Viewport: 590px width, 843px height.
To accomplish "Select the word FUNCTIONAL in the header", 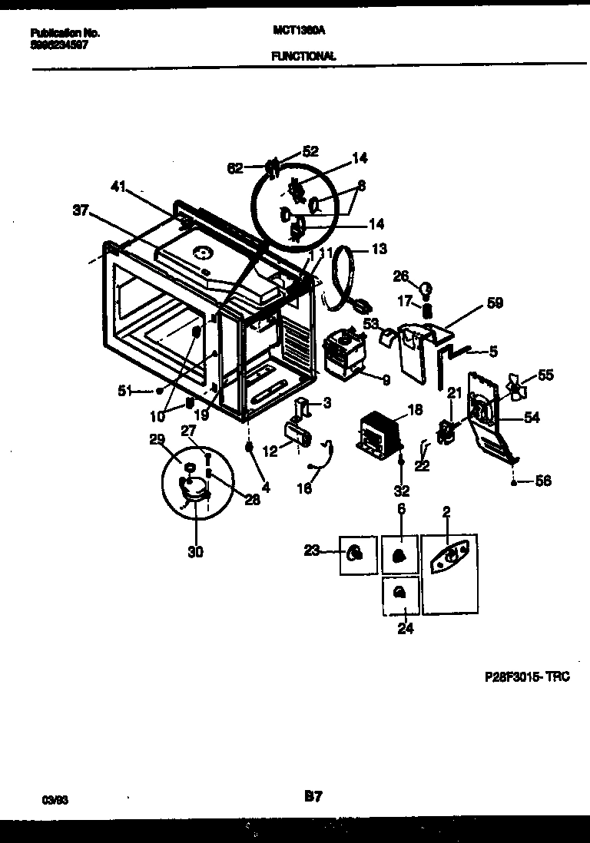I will click(x=303, y=56).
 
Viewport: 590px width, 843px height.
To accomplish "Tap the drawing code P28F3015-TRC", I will click(x=527, y=678).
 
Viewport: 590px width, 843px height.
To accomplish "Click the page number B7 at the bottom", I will click(x=312, y=798).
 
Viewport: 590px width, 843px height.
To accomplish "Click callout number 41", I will click(x=117, y=186).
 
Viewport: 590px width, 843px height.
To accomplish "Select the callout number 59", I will click(x=495, y=303).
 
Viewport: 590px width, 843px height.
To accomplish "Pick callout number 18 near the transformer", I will click(x=415, y=411).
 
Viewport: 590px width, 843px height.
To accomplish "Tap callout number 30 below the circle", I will click(x=195, y=550).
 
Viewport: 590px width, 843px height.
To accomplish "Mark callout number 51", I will click(x=125, y=390).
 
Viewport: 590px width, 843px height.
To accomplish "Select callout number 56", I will click(x=543, y=481).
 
